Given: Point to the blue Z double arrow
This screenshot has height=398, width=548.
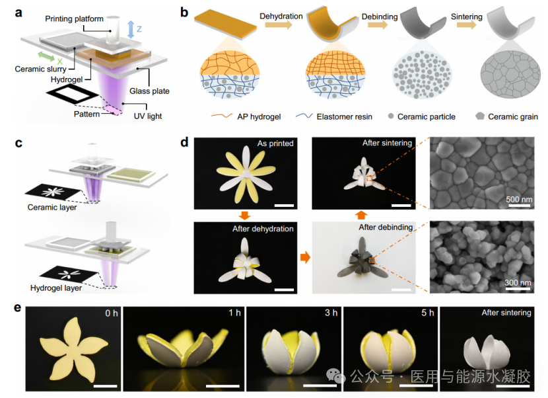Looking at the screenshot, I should click(131, 28).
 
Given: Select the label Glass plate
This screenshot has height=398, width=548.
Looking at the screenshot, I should click(156, 91).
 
